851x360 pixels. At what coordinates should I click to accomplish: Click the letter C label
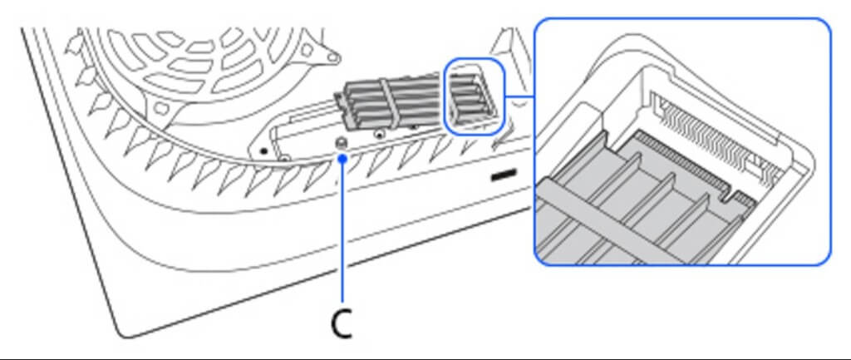pyautogui.click(x=342, y=324)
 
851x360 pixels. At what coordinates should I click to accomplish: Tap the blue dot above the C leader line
pyautogui.click(x=342, y=158)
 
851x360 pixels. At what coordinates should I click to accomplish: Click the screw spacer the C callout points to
pyautogui.click(x=342, y=143)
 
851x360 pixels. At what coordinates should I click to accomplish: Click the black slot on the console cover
pyautogui.click(x=504, y=176)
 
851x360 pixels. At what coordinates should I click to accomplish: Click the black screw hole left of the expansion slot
pyautogui.click(x=263, y=151)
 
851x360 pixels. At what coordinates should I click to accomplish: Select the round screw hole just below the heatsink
pyautogui.click(x=381, y=132)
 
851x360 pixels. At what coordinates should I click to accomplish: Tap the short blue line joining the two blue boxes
pyautogui.click(x=520, y=96)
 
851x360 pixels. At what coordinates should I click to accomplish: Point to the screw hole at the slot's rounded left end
pyautogui.click(x=283, y=158)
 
